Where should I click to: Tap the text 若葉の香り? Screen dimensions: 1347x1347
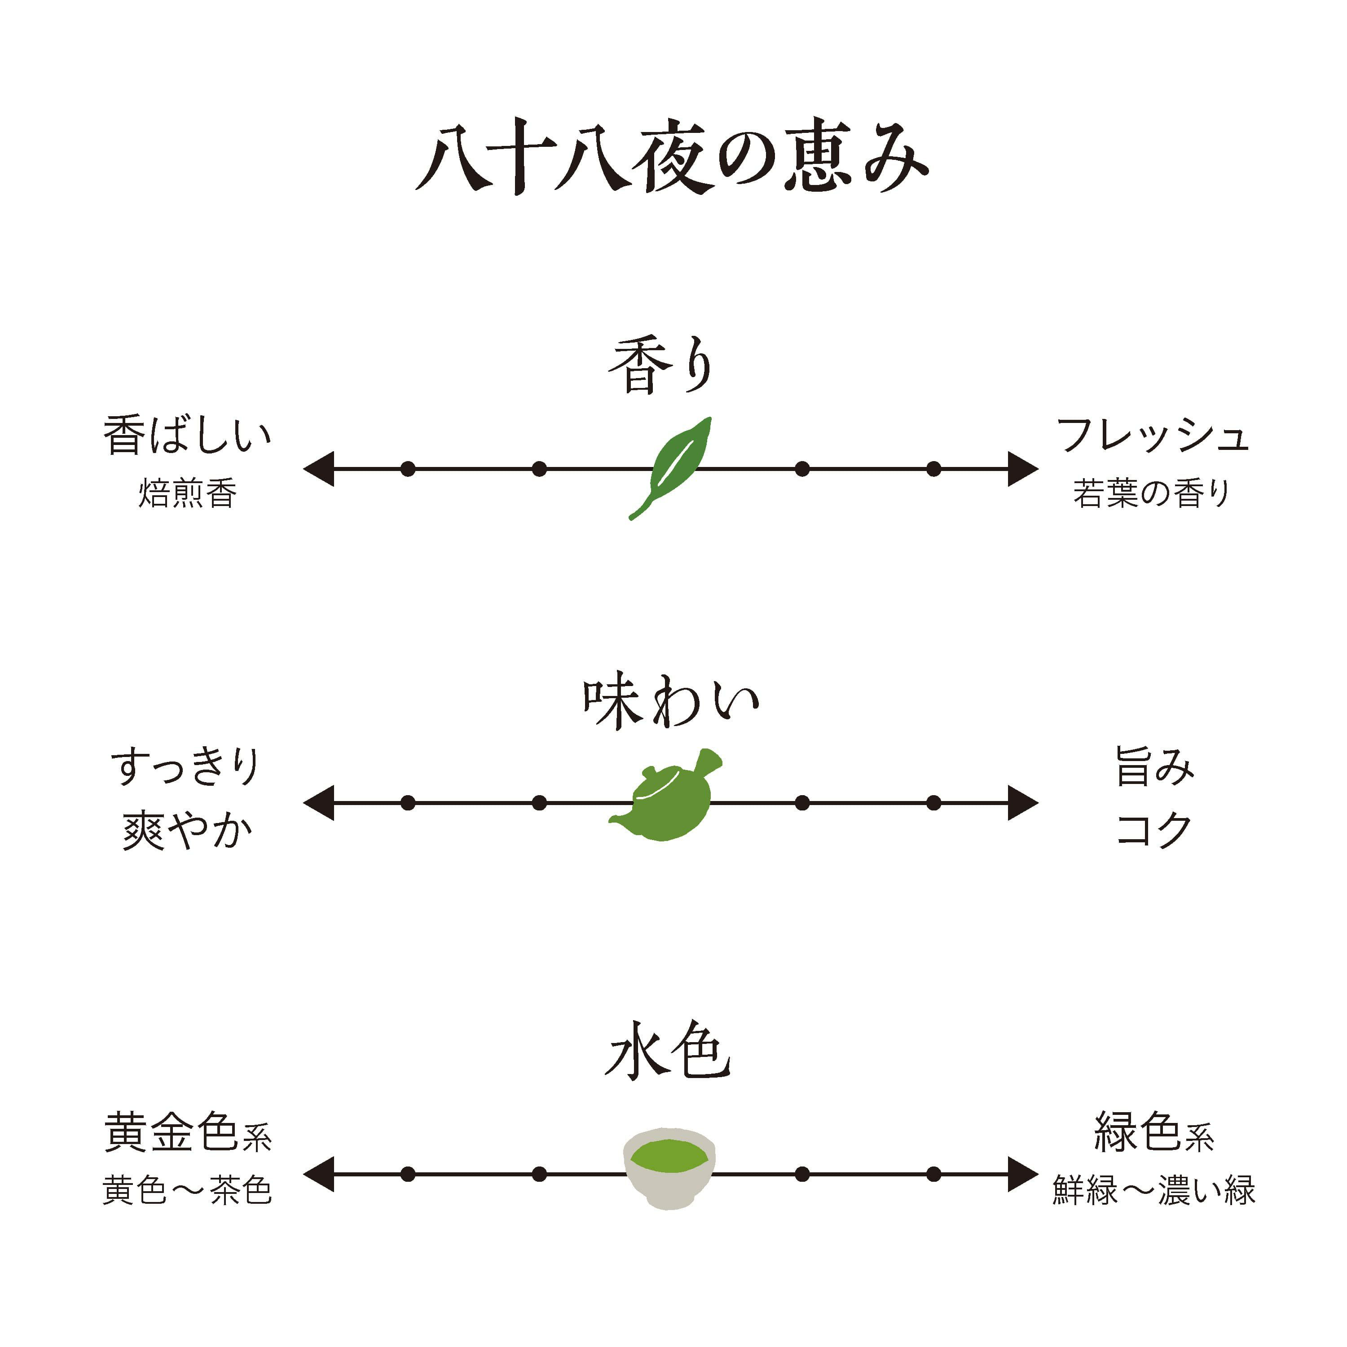pyautogui.click(x=1152, y=493)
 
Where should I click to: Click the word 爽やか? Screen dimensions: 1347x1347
pyautogui.click(x=187, y=832)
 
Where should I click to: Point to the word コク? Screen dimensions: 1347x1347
pyautogui.click(x=1154, y=831)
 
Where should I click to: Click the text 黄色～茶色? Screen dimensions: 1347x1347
pyautogui.click(x=187, y=1190)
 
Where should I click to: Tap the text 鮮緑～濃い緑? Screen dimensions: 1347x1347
pyautogui.click(x=1154, y=1190)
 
